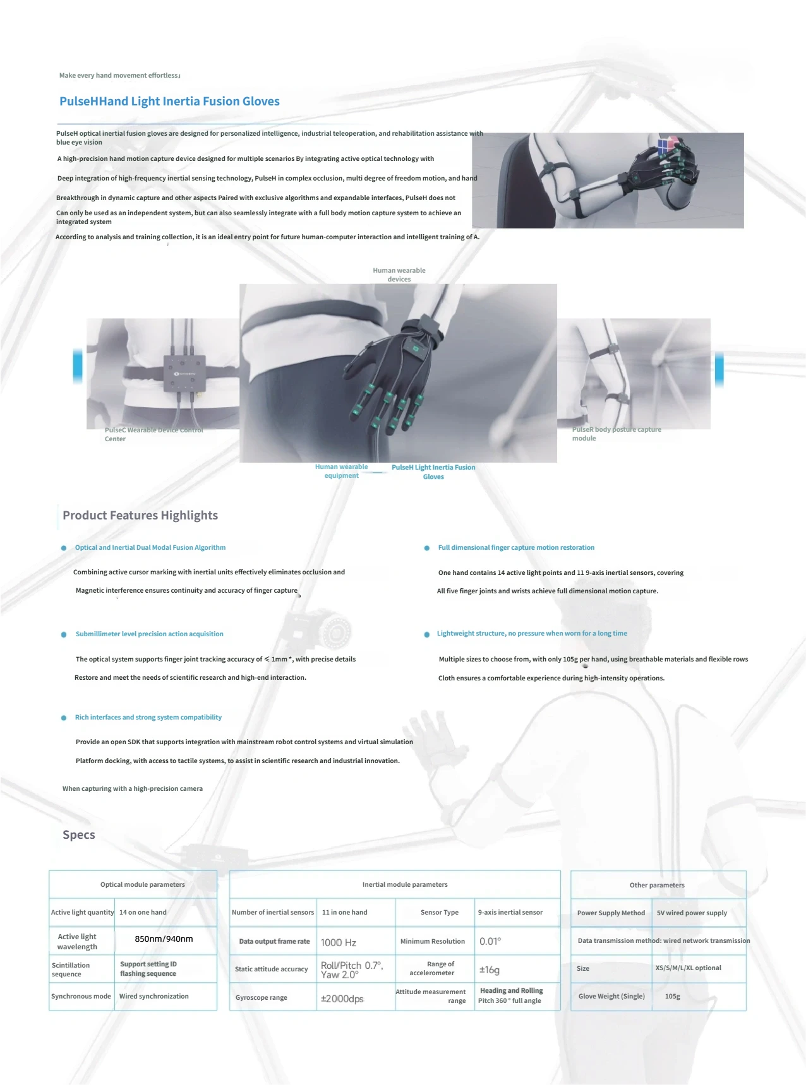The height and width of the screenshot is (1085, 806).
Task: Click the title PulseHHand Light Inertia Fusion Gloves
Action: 169,102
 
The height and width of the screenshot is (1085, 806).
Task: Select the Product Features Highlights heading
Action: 140,515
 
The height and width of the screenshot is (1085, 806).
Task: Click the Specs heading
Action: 79,834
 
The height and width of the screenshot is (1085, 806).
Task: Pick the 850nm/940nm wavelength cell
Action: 164,939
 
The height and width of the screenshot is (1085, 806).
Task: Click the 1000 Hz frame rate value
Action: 339,942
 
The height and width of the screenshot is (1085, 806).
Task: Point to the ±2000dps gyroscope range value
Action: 342,999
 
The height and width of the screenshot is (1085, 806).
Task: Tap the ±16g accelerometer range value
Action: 490,969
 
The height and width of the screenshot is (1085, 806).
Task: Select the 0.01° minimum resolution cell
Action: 490,941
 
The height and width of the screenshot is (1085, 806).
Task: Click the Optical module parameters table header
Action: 143,884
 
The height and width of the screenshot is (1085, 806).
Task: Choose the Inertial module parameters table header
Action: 405,884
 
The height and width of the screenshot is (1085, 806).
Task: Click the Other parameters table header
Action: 657,885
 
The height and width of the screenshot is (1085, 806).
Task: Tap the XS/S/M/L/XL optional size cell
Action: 689,968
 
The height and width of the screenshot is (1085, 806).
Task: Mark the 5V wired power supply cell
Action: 692,913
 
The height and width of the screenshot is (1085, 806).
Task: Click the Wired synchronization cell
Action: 154,996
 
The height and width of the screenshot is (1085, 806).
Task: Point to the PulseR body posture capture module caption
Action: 617,434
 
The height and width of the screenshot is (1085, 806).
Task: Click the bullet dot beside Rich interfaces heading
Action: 64,718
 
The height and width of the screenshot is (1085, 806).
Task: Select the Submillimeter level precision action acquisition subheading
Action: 150,634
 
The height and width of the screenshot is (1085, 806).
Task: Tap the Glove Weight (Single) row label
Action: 611,996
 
